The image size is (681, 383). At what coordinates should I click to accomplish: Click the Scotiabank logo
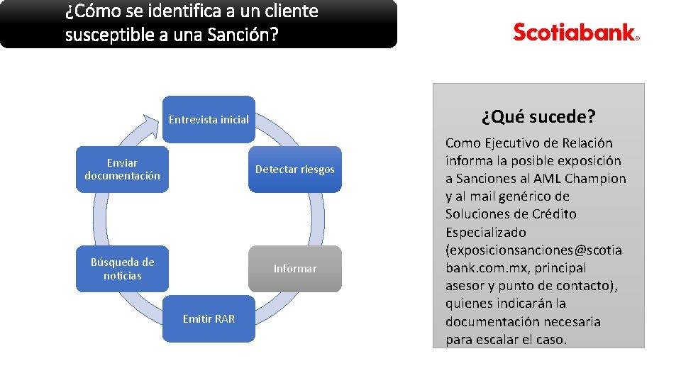pos(576,33)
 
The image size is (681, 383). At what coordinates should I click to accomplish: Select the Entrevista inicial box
pos(209,119)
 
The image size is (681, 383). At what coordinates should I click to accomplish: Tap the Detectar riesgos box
pos(294,170)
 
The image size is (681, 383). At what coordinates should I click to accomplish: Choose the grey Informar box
pos(294,269)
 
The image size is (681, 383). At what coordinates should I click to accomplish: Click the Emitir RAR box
pos(209,319)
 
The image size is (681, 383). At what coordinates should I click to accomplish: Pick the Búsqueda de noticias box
pos(122,269)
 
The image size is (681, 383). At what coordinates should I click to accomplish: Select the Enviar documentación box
pos(122,170)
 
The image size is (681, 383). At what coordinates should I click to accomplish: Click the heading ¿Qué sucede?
pos(538,116)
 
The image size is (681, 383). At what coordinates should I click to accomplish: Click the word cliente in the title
pos(294,11)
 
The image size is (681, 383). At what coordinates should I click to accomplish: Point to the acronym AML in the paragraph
pos(547,178)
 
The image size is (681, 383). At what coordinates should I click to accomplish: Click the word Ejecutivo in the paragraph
pos(504,143)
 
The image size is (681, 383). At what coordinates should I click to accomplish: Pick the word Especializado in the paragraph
pos(486,232)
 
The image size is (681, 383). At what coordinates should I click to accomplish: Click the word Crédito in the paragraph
pos(550,214)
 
